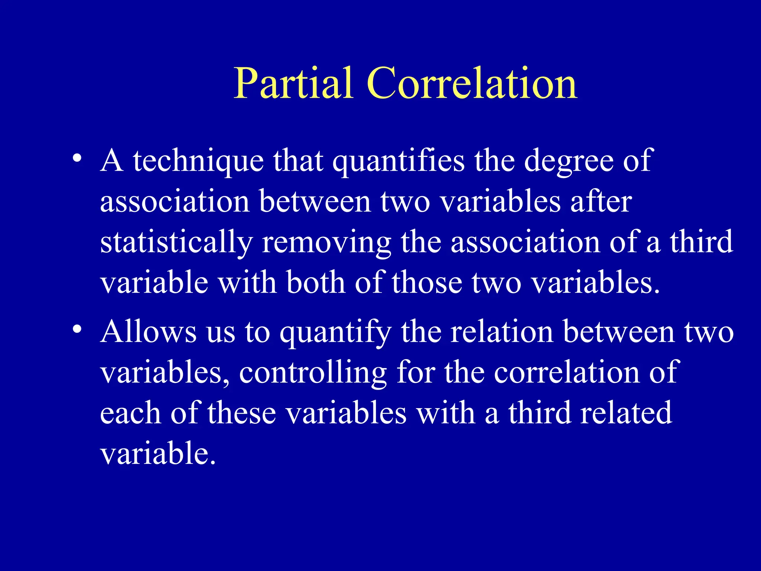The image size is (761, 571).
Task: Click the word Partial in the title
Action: coord(293,83)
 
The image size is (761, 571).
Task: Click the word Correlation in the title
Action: coord(472,83)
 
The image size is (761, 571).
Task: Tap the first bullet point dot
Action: coord(77,158)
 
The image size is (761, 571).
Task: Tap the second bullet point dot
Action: coord(77,329)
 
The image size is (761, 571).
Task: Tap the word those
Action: coord(427,283)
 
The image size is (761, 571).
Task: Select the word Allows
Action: coord(149,332)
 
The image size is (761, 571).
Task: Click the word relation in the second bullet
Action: coord(502,332)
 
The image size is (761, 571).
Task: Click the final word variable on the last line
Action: coord(158,454)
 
